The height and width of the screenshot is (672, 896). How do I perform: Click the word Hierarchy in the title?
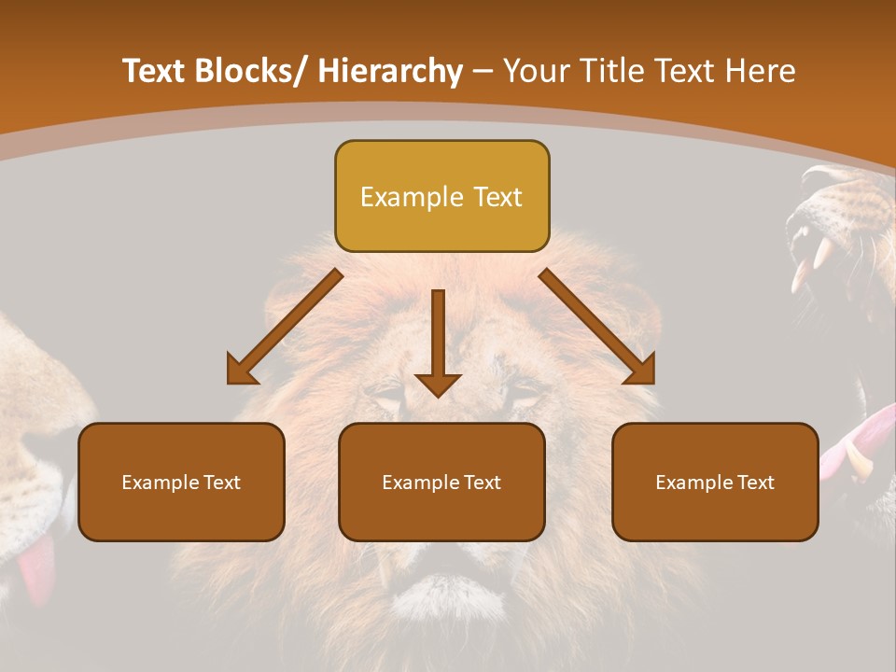(390, 72)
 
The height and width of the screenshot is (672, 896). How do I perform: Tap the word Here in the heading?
(760, 72)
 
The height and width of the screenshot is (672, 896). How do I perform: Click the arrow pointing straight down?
(438, 341)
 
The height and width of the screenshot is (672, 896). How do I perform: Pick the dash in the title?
(483, 72)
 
